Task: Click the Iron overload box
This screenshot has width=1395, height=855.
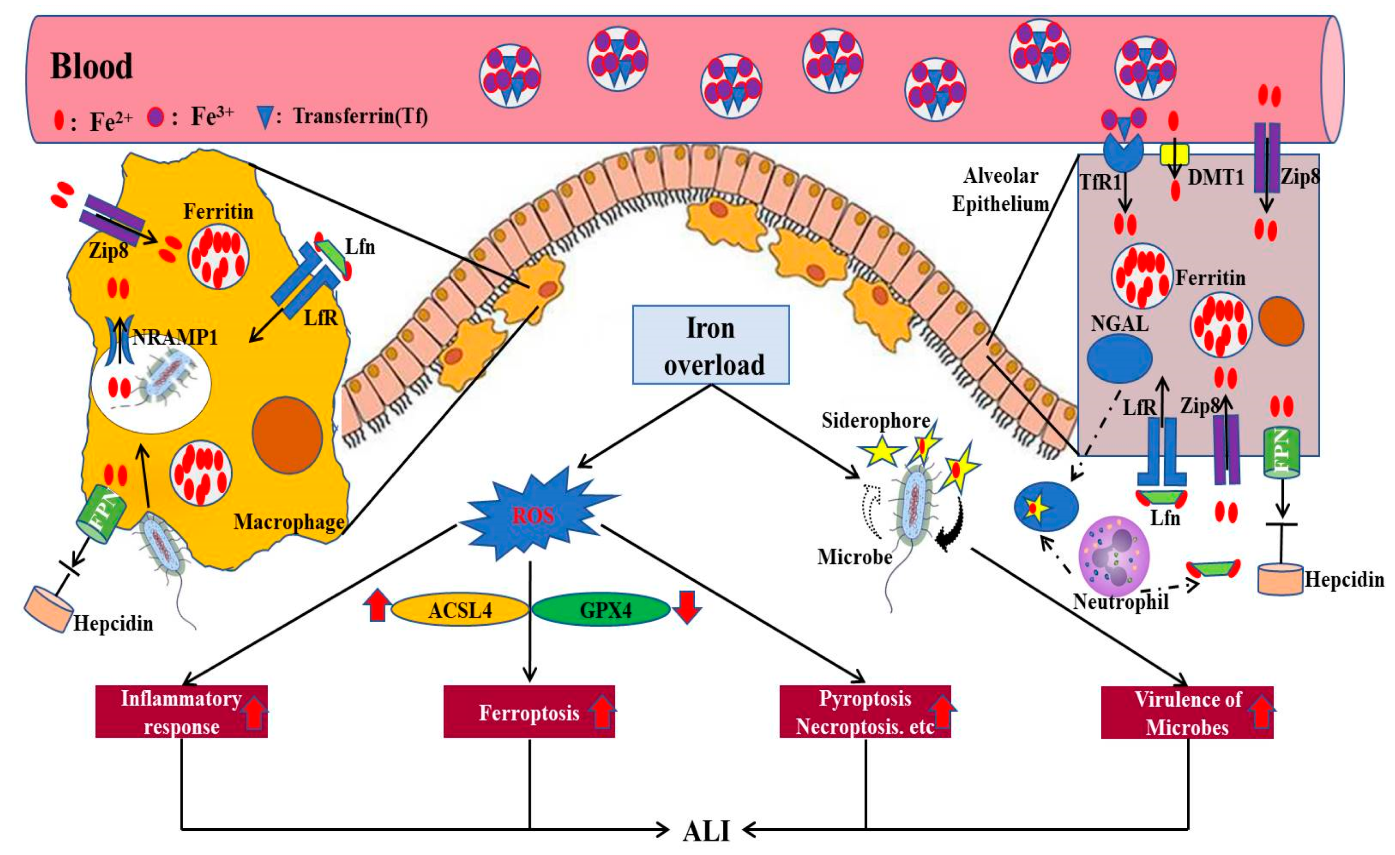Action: pos(710,345)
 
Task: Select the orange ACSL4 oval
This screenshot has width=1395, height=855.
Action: pos(460,610)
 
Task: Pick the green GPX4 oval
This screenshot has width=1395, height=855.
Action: pos(601,610)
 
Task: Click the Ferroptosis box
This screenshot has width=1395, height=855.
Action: pos(529,712)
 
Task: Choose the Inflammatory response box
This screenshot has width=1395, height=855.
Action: pos(181,712)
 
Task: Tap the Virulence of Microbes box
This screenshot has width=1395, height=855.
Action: pos(1187,712)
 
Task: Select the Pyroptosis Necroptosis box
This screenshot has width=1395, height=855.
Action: pos(865,712)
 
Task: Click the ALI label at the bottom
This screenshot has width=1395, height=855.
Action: pos(706,831)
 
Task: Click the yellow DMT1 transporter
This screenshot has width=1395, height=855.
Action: pos(1174,154)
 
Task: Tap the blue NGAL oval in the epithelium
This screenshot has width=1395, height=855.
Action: pos(1119,358)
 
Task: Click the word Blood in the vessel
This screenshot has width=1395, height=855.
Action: pos(92,66)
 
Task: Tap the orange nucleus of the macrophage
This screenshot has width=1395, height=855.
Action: pos(287,435)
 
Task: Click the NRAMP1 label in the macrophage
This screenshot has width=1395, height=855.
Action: pos(175,337)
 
